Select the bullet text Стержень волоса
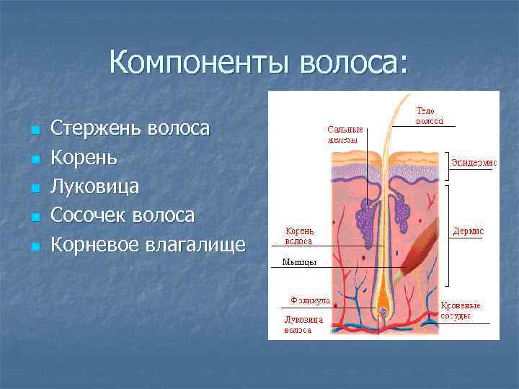130,129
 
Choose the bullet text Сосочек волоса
123,215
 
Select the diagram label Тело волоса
430,116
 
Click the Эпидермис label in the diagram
474,163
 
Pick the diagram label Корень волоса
298,236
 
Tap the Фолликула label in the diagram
310,298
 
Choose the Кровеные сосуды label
461,310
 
